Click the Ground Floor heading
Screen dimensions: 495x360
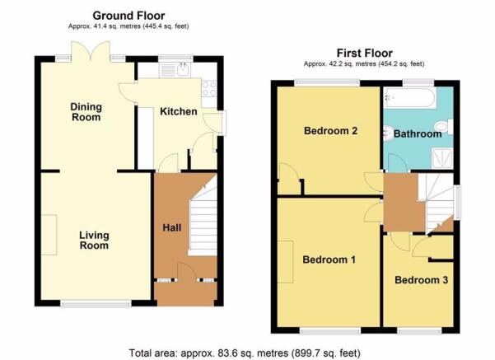[128, 16]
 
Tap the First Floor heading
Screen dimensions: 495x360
[365, 53]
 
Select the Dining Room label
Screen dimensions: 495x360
[86, 112]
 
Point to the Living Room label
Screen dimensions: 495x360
[94, 241]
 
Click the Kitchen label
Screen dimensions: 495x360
[179, 111]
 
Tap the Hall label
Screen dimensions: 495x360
[172, 227]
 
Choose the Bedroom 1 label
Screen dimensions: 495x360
[329, 259]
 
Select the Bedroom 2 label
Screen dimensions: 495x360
[330, 131]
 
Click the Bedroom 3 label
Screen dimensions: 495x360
[421, 280]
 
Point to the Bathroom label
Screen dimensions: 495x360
[418, 134]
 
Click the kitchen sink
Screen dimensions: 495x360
[175, 70]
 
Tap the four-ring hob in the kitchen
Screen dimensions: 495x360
[209, 88]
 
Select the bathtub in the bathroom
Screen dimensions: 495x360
[410, 97]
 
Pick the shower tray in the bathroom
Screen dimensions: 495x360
[442, 158]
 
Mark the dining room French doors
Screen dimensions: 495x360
[91, 51]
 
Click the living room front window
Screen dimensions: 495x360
[96, 304]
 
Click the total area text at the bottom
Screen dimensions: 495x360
[245, 353]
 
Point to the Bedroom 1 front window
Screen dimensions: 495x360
[330, 330]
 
